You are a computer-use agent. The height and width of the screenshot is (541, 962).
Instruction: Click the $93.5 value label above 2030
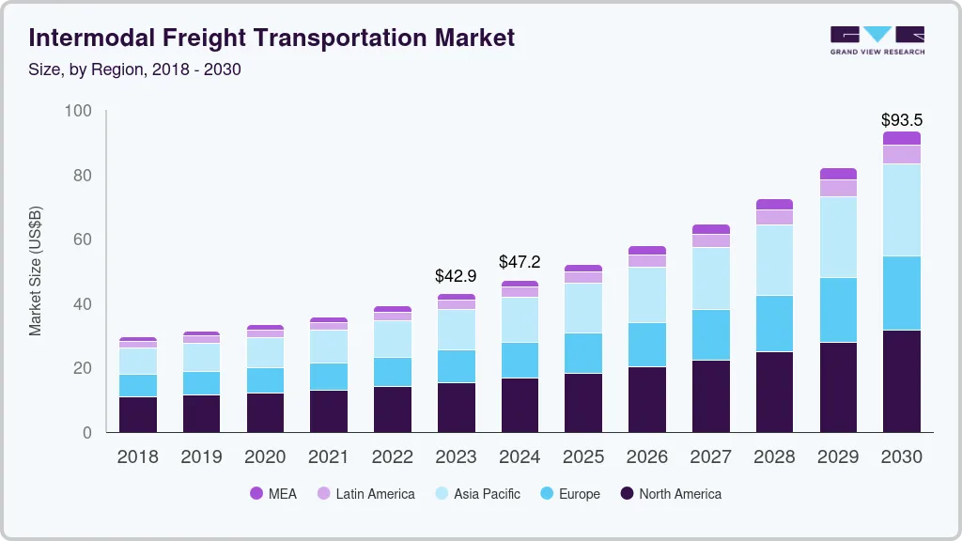tap(901, 120)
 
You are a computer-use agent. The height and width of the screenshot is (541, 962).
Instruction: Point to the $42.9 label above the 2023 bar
tap(456, 277)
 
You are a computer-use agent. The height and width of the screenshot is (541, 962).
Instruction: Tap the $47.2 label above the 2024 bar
tap(520, 262)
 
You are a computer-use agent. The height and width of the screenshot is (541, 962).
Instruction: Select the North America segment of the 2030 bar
tap(901, 380)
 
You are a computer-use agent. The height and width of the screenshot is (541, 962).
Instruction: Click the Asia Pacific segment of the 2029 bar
tap(838, 237)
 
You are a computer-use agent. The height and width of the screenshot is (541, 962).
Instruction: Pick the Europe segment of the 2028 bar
tap(774, 323)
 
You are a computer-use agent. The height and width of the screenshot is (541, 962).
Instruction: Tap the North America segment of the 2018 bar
tap(138, 414)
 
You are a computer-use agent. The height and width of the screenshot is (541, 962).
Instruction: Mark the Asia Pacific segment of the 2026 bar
tap(647, 295)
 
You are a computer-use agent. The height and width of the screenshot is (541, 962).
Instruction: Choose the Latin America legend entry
tap(365, 494)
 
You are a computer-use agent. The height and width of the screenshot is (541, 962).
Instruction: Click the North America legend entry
tap(671, 494)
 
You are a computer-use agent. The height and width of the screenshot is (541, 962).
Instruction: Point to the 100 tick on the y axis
tap(79, 112)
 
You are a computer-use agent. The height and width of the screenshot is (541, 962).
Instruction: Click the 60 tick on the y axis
tap(83, 240)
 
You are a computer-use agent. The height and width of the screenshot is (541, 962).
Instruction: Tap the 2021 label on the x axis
tap(329, 457)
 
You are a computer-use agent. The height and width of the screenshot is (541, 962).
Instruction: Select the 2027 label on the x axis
tap(710, 457)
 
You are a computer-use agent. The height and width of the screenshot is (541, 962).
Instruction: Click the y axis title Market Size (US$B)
tap(36, 270)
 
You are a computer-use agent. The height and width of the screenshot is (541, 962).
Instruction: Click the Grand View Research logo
tap(877, 40)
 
